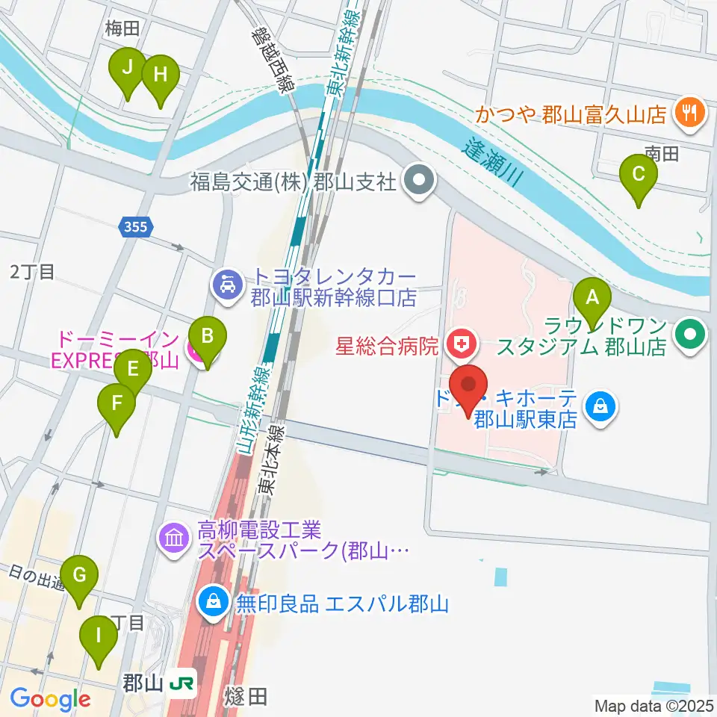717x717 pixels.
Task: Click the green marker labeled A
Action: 592,299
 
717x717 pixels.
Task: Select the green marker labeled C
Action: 639,175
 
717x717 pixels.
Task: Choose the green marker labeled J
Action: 127,68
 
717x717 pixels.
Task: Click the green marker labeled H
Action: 160,75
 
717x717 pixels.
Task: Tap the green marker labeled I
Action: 98,637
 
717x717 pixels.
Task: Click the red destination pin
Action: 469,386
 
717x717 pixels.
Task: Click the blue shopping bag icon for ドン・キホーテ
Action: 600,407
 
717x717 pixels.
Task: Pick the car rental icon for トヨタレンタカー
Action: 225,284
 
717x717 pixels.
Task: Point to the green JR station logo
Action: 182,683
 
